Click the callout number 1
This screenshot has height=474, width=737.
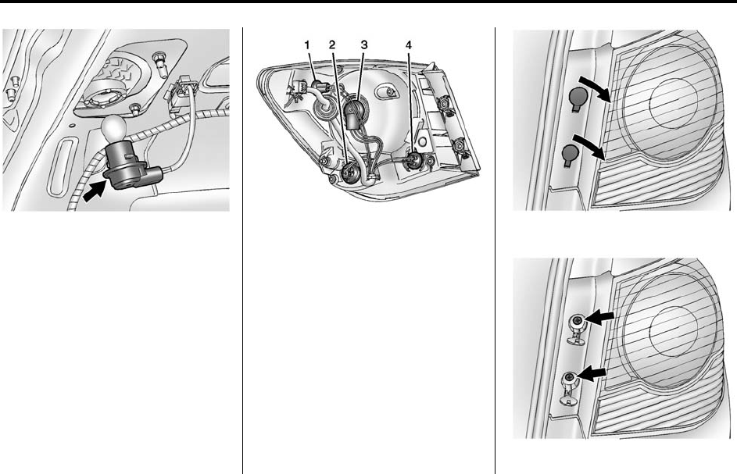[x=307, y=45]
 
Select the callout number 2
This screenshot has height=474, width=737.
[x=332, y=45]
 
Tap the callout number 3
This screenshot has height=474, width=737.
[x=363, y=45]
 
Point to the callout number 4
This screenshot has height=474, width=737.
[x=409, y=45]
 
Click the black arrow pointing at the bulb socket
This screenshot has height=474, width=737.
[x=94, y=191]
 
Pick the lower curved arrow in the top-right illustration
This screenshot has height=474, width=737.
[x=589, y=146]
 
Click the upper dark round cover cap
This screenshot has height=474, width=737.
[x=578, y=98]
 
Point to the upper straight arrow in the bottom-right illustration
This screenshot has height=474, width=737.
[x=599, y=318]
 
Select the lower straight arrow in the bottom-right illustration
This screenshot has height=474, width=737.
[x=592, y=373]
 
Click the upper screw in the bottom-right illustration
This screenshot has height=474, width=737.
[x=578, y=321]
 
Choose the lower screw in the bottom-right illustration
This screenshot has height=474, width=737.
[x=570, y=376]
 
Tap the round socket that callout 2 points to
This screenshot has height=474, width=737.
[x=350, y=173]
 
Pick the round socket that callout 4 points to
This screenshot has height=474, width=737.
[x=413, y=160]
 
